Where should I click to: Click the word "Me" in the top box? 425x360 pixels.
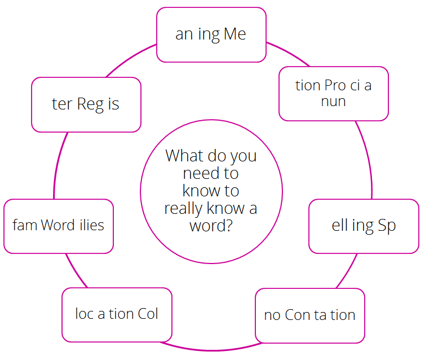235,34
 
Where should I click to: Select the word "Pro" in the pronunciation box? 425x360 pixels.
335,85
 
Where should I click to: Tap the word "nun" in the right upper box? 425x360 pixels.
333,102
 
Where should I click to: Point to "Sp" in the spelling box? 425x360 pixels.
387,226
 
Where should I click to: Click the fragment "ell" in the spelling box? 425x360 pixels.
339,225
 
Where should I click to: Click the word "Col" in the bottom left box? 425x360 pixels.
148,314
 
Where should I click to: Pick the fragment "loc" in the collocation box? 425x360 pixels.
85,314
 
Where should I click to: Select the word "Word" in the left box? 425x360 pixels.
57,225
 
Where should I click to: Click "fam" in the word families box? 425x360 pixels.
25,225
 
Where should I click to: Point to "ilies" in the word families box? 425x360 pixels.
92,225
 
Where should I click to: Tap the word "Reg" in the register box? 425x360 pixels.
91,104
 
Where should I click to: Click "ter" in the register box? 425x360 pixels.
63,104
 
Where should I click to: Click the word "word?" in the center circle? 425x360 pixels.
211,226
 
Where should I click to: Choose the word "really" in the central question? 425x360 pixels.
184,209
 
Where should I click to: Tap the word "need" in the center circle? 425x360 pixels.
200,173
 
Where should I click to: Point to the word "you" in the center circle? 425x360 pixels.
246,157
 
